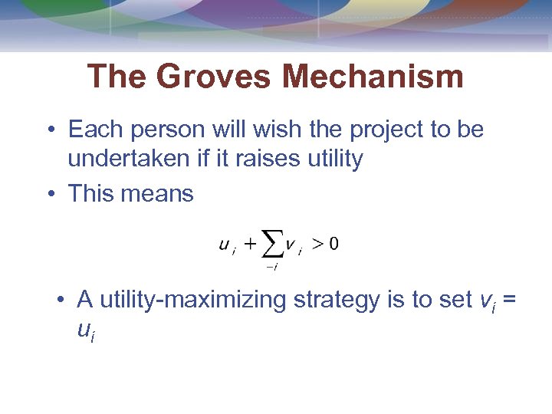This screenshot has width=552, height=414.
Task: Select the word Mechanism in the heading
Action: click(373, 77)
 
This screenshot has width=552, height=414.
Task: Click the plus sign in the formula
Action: click(250, 245)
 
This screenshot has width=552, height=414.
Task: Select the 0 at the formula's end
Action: click(333, 245)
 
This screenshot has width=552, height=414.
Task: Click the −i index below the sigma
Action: click(271, 267)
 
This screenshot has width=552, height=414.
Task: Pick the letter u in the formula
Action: click(224, 245)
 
